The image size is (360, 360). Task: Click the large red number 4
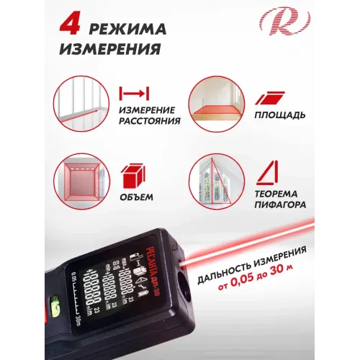click(x=70, y=26)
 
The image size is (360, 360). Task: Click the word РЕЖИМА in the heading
click(x=127, y=30)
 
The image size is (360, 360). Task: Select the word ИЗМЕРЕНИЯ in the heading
click(x=110, y=49)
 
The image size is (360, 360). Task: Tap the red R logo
click(x=284, y=21)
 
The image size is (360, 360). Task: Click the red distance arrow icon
click(x=134, y=94)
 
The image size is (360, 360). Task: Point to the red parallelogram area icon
click(x=270, y=98)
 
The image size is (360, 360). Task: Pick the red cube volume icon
click(x=133, y=176)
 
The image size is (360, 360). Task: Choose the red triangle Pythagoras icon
click(x=268, y=173)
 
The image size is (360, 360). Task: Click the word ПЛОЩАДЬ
click(x=280, y=115)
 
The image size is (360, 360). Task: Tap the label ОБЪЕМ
click(x=137, y=197)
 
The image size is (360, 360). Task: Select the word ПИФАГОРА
click(x=280, y=204)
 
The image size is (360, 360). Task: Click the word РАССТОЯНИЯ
click(x=150, y=121)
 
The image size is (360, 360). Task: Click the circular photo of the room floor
click(x=217, y=104)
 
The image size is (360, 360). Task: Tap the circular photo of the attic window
click(x=217, y=181)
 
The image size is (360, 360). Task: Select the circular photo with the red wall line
click(x=81, y=104)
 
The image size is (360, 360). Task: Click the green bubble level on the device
click(x=55, y=304)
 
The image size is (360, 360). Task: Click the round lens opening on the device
click(x=184, y=289)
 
